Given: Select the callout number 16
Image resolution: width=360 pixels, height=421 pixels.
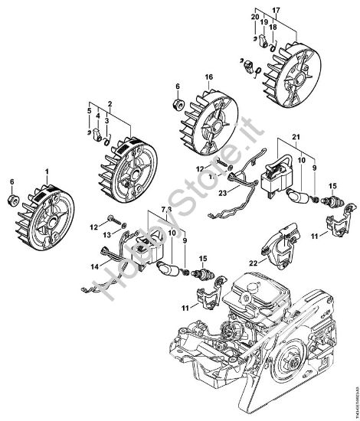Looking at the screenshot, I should (x=208, y=77).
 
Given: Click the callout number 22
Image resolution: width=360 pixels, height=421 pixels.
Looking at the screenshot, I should (x=253, y=261).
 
